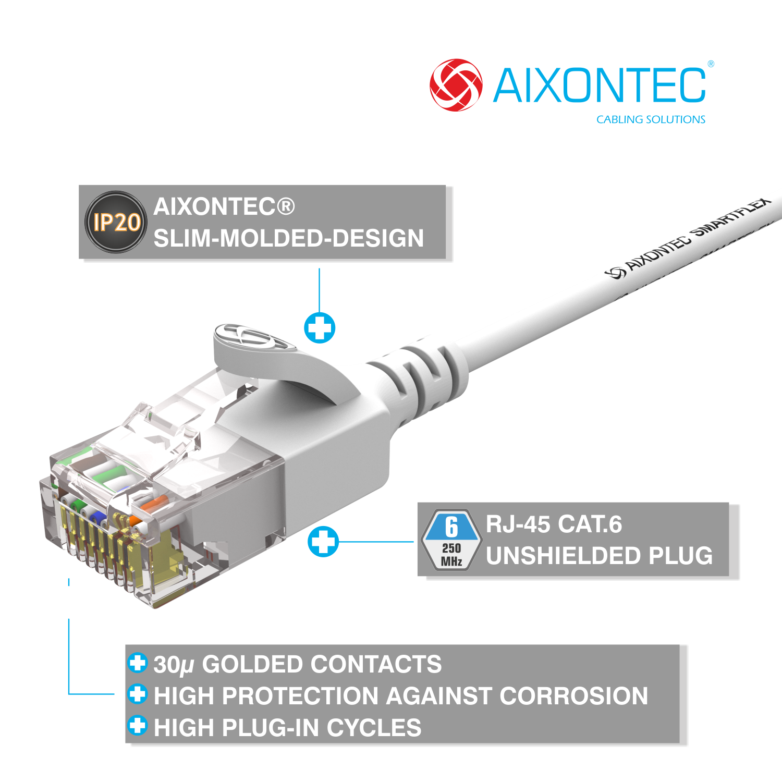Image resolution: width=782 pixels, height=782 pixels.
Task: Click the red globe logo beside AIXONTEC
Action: [x=456, y=85]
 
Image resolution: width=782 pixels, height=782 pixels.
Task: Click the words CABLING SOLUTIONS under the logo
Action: [x=651, y=119]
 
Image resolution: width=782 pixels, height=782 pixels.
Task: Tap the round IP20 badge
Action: [x=116, y=222]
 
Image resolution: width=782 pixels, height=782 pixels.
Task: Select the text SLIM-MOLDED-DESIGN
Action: [x=288, y=238]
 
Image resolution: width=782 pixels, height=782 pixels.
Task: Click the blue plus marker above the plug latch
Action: [x=320, y=328]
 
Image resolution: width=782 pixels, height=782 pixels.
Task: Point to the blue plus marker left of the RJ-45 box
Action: [x=323, y=541]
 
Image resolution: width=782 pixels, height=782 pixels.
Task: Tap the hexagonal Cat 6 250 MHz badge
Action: [x=451, y=540]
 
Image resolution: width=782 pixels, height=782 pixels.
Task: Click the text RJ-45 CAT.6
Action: [x=554, y=524]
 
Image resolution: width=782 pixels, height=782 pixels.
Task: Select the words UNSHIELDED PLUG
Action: [x=599, y=556]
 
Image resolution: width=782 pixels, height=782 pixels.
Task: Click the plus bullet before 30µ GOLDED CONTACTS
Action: [x=138, y=663]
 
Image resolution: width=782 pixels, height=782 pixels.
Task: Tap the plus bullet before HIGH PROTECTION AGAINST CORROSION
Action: [x=138, y=694]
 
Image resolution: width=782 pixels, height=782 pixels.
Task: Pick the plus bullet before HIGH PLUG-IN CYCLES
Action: [x=138, y=726]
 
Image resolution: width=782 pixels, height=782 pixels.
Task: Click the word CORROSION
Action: [x=573, y=696]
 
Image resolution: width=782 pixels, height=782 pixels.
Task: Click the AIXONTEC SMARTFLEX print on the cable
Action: [x=688, y=238]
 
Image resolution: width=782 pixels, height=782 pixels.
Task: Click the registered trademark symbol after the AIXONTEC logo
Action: [x=711, y=64]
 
